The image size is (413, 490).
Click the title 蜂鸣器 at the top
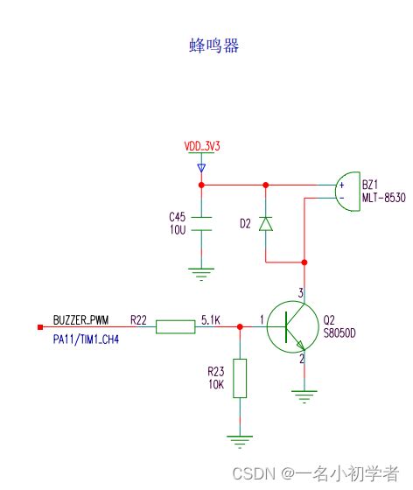213,46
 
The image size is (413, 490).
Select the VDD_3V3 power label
201,146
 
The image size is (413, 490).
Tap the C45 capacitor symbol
202,223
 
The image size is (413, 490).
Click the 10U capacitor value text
178,229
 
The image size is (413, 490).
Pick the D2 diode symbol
267,224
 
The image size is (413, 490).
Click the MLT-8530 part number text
384,199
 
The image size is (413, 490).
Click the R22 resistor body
175,327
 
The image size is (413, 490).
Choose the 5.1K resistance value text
210,319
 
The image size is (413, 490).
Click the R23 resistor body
240,378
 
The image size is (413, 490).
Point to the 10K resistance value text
215,383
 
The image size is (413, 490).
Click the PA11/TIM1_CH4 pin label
86,338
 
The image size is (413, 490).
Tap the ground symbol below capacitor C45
202,275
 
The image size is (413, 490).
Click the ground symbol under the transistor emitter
304,396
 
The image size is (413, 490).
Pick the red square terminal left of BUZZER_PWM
39,327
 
